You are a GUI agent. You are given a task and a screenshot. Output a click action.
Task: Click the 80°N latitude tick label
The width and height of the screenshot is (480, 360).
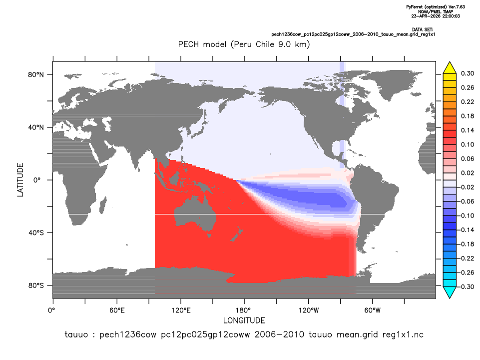click(x=36, y=75)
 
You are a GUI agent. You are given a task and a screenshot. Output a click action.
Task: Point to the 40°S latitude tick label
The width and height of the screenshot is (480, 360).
click(x=36, y=233)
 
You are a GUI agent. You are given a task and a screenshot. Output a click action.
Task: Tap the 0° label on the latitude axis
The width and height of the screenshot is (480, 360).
click(x=37, y=180)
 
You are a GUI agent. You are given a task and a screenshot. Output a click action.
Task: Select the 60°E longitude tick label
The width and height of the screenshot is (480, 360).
click(x=117, y=310)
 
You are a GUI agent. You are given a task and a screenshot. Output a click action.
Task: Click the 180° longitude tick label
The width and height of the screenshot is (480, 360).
click(x=245, y=310)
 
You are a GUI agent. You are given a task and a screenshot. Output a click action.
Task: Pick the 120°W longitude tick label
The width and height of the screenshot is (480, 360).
click(x=309, y=310)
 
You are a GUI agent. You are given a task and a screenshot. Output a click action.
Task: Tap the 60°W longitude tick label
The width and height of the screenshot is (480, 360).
click(x=372, y=310)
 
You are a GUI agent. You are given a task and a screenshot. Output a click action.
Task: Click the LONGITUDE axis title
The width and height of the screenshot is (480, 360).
click(x=244, y=320)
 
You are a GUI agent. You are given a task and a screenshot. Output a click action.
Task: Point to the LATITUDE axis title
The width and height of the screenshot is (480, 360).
click(x=20, y=180)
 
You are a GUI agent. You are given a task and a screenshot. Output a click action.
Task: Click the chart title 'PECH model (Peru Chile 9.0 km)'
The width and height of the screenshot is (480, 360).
click(x=244, y=44)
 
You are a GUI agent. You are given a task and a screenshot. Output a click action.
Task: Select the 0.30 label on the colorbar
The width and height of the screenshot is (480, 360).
click(x=468, y=73)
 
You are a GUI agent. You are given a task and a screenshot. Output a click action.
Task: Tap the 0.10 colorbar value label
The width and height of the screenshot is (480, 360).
click(x=468, y=144)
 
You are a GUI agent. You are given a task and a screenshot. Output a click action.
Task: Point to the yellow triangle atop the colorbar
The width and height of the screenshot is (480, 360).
click(x=450, y=67)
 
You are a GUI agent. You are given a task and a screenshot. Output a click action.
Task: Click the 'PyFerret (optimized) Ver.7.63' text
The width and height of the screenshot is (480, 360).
click(x=436, y=6)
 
